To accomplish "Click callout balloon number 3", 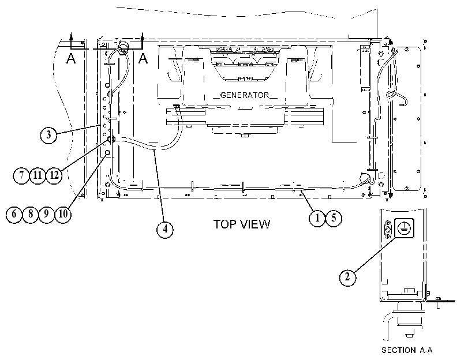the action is point(48,135).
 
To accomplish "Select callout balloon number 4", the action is point(165,229).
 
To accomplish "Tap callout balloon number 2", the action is point(348,277).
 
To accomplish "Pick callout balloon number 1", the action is point(317,218).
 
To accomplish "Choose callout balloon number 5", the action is point(334,218).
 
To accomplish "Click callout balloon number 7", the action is point(21,175).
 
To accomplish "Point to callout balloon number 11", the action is point(38,175).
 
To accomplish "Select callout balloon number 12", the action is point(54,175).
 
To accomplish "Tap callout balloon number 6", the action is point(14,214).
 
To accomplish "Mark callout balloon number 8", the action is point(31,214).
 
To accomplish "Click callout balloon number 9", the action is point(47,214).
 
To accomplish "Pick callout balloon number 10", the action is point(63,214).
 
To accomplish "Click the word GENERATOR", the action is point(245,95).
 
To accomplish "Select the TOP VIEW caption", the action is point(242,224).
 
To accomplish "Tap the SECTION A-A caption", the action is point(407,350).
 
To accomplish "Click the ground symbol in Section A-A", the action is point(405,228).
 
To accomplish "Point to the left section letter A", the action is point(71,58).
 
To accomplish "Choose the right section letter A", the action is point(143,58).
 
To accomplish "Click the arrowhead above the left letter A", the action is point(71,36).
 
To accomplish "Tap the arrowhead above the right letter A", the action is point(143,36).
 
